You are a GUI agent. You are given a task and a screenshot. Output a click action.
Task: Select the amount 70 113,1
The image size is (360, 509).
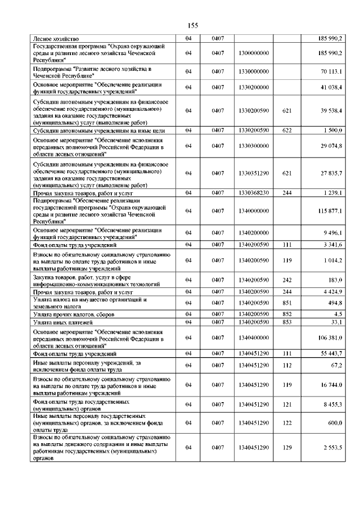pos(331,71)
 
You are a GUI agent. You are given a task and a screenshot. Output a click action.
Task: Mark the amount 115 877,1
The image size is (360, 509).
pos(330,210)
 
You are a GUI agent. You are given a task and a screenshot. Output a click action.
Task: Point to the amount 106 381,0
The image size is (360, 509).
pos(330,337)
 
